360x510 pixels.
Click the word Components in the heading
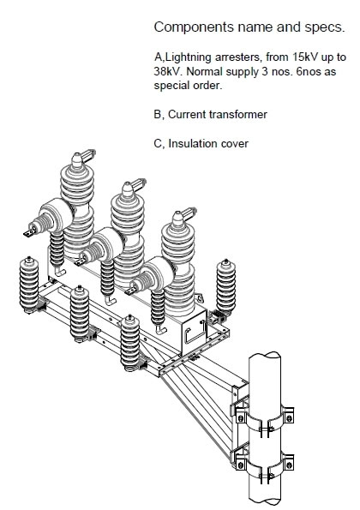[194, 27]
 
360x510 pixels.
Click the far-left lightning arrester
[29, 285]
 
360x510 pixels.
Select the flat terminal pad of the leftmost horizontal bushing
[30, 232]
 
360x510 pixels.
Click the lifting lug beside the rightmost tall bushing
[199, 298]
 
